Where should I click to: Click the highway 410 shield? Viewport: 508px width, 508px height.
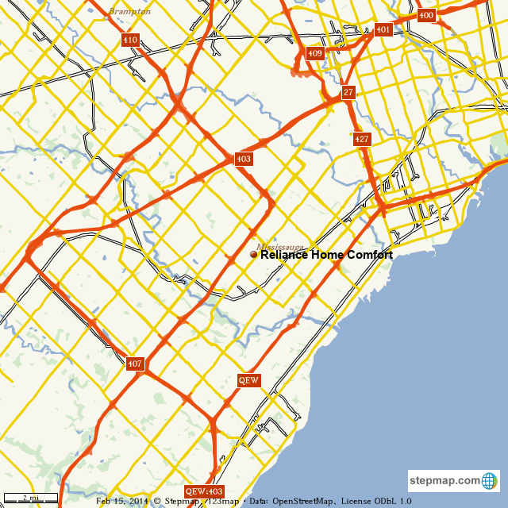[x=130, y=40]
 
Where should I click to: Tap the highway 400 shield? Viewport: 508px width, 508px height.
[x=426, y=15]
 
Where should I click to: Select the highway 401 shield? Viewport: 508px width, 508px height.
[x=383, y=30]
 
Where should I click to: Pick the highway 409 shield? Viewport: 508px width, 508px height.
[x=315, y=53]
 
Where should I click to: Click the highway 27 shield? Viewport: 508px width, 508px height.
[x=348, y=93]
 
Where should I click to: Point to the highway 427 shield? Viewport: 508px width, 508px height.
[x=362, y=139]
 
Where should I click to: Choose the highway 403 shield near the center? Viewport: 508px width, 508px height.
[x=243, y=159]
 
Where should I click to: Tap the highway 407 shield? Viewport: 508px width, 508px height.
[x=134, y=364]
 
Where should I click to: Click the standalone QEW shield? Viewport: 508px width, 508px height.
[x=249, y=380]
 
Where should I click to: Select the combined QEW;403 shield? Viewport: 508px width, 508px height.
[x=204, y=491]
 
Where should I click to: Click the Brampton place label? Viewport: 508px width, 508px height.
[x=129, y=12]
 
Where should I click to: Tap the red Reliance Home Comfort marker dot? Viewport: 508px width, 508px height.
[x=254, y=255]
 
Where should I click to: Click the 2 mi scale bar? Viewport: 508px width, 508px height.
[x=29, y=498]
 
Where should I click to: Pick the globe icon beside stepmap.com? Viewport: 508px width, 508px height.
[x=489, y=481]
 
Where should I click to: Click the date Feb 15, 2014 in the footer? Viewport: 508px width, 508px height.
[x=123, y=502]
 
